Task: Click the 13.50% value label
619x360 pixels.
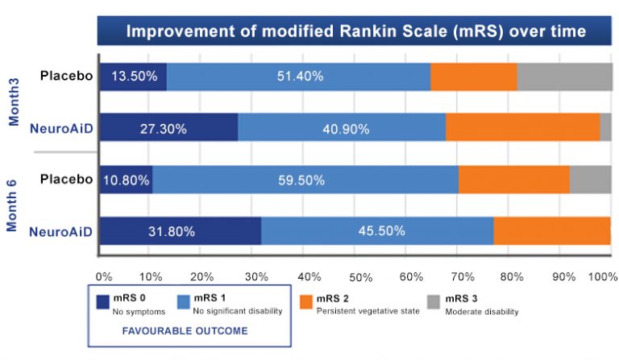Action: [135, 76]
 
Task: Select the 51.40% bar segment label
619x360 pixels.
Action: [300, 76]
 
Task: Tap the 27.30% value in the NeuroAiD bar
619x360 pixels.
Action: [164, 129]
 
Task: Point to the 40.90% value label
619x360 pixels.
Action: [347, 129]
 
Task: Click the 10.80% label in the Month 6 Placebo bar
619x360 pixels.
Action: [127, 180]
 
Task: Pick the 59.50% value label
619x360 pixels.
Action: [301, 180]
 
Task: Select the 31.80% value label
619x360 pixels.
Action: [172, 231]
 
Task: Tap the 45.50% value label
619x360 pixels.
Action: [382, 230]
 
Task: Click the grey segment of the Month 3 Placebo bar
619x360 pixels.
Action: [564, 77]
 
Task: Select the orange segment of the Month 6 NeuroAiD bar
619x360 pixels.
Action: [552, 230]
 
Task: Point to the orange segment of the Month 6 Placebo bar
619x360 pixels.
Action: [514, 180]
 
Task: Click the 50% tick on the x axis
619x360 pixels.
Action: [361, 278]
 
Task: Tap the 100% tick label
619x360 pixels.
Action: [603, 277]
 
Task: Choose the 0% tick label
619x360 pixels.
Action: [104, 277]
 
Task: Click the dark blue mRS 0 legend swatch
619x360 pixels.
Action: [102, 302]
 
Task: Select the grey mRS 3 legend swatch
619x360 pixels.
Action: [434, 302]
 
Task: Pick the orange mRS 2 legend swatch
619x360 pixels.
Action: [306, 302]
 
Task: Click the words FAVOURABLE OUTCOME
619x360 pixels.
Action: [185, 331]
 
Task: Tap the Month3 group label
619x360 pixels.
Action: [14, 101]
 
